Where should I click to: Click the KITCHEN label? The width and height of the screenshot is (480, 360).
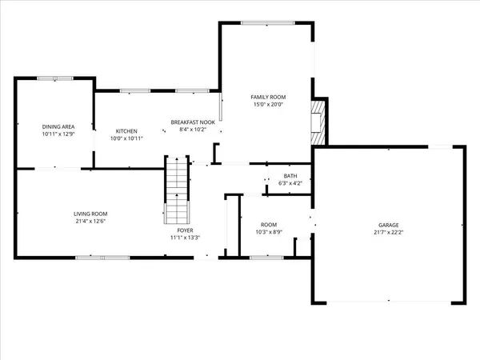[126, 131]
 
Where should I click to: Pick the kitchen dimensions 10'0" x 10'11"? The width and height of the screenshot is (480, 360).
[126, 139]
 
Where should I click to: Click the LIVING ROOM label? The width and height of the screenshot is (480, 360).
[90, 214]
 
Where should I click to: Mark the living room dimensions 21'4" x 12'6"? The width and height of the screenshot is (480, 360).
[90, 222]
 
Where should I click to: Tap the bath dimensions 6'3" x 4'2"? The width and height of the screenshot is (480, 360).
[290, 183]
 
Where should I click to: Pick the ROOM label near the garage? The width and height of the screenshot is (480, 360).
[269, 224]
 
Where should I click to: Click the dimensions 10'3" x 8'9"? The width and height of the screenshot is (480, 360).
[269, 232]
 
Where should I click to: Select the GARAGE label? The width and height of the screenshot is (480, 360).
[389, 225]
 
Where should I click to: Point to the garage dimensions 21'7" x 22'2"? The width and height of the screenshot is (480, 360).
[389, 233]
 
